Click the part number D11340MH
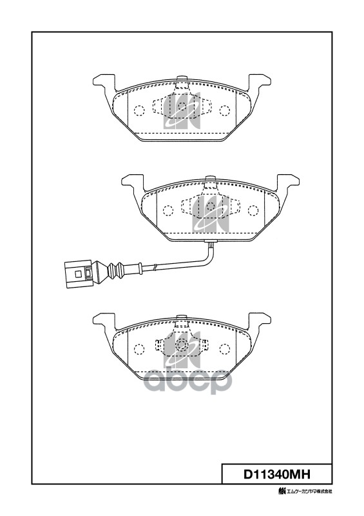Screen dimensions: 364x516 click(x=276, y=474)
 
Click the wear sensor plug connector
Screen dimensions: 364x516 click(x=79, y=273)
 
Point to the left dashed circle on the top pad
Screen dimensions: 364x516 click(x=139, y=110)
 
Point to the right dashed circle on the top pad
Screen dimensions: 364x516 click(x=225, y=110)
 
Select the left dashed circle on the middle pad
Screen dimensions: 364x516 click(x=168, y=211)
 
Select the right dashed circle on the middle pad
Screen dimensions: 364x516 click(x=253, y=211)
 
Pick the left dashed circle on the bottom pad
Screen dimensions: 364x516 click(x=139, y=349)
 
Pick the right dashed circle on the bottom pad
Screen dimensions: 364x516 click(x=225, y=349)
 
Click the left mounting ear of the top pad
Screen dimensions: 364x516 click(x=104, y=83)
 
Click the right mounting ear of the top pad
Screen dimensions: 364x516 click(x=260, y=83)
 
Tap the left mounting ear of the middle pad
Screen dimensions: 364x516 click(x=133, y=183)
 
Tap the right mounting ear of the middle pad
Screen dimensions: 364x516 click(x=288, y=183)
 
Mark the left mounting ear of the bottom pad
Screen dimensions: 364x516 click(x=104, y=321)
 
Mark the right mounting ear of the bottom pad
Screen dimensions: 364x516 click(x=260, y=321)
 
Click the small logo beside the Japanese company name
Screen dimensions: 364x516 click(x=282, y=491)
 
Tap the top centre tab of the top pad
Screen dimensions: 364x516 click(x=182, y=79)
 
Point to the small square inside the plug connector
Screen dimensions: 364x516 click(x=78, y=273)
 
